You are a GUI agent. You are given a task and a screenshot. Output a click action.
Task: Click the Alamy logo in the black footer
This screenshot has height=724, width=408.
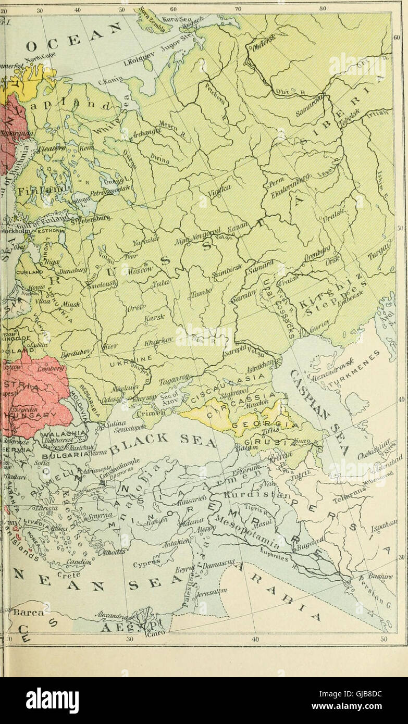[52, 701]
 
